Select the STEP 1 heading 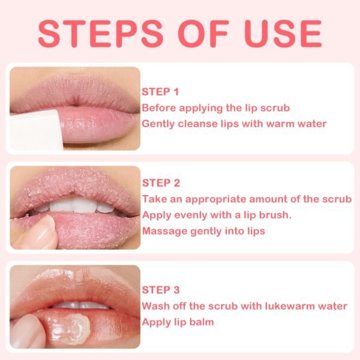[x=160, y=92]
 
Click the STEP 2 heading [x=161, y=183]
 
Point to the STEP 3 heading [x=161, y=290]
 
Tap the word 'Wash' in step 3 [x=154, y=306]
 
